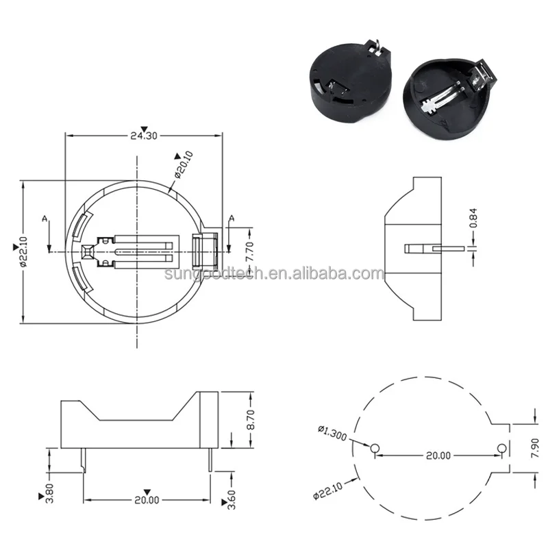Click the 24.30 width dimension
(x=144, y=136)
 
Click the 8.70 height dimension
(x=251, y=419)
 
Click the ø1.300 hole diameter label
(x=332, y=433)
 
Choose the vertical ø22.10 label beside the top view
(x=22, y=252)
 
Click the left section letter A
(x=45, y=219)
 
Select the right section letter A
(x=231, y=219)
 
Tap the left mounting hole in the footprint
(x=374, y=448)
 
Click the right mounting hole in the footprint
(x=501, y=448)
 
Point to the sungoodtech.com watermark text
(x=274, y=274)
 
